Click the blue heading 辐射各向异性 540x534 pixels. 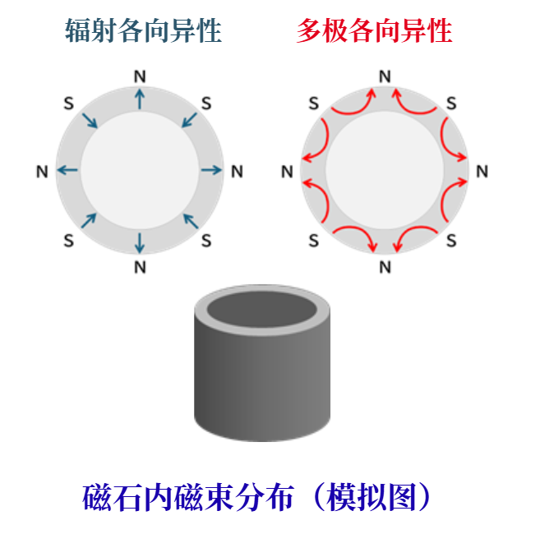click(143, 30)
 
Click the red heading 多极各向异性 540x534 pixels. click(374, 30)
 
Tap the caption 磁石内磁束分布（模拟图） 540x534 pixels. click(256, 497)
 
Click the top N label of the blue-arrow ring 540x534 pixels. click(140, 76)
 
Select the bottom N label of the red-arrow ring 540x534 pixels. click(385, 267)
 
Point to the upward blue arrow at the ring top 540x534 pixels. click(140, 99)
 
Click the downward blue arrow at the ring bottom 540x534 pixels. click(140, 242)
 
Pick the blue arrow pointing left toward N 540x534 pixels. click(67, 170)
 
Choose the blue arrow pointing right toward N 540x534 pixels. click(211, 170)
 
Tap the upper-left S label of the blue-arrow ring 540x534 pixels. click(69, 104)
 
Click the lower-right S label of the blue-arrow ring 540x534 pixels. click(206, 241)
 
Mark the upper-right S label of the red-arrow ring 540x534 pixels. click(451, 104)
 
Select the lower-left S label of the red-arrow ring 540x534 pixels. click(314, 241)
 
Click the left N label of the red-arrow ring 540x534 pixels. click(287, 172)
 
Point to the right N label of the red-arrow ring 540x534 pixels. click(482, 172)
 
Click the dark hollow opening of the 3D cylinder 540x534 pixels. click(261, 308)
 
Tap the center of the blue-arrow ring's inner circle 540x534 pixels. click(140, 170)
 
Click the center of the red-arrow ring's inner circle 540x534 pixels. click(385, 170)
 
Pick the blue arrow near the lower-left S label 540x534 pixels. click(89, 221)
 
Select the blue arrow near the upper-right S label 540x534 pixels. click(189, 120)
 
